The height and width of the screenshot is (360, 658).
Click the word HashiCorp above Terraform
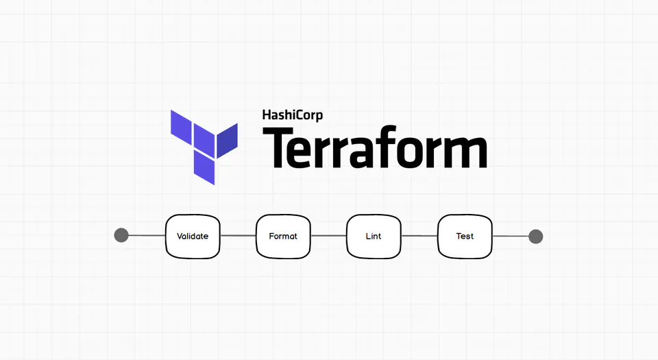(292, 115)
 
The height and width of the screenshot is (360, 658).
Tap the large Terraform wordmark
(375, 147)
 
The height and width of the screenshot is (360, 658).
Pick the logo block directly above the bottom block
(204, 139)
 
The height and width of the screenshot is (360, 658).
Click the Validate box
(193, 237)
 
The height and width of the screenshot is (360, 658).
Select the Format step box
(283, 237)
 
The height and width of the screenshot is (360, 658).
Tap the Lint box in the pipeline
(374, 237)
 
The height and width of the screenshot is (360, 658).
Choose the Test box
(465, 237)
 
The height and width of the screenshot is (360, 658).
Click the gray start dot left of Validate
(121, 236)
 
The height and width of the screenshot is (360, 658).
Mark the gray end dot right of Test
(536, 237)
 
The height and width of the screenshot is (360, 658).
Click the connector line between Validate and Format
(238, 236)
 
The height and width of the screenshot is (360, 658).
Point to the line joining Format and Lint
(328, 236)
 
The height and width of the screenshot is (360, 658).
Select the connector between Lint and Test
(419, 236)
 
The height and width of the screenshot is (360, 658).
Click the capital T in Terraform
(279, 147)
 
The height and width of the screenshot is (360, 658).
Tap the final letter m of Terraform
(467, 152)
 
